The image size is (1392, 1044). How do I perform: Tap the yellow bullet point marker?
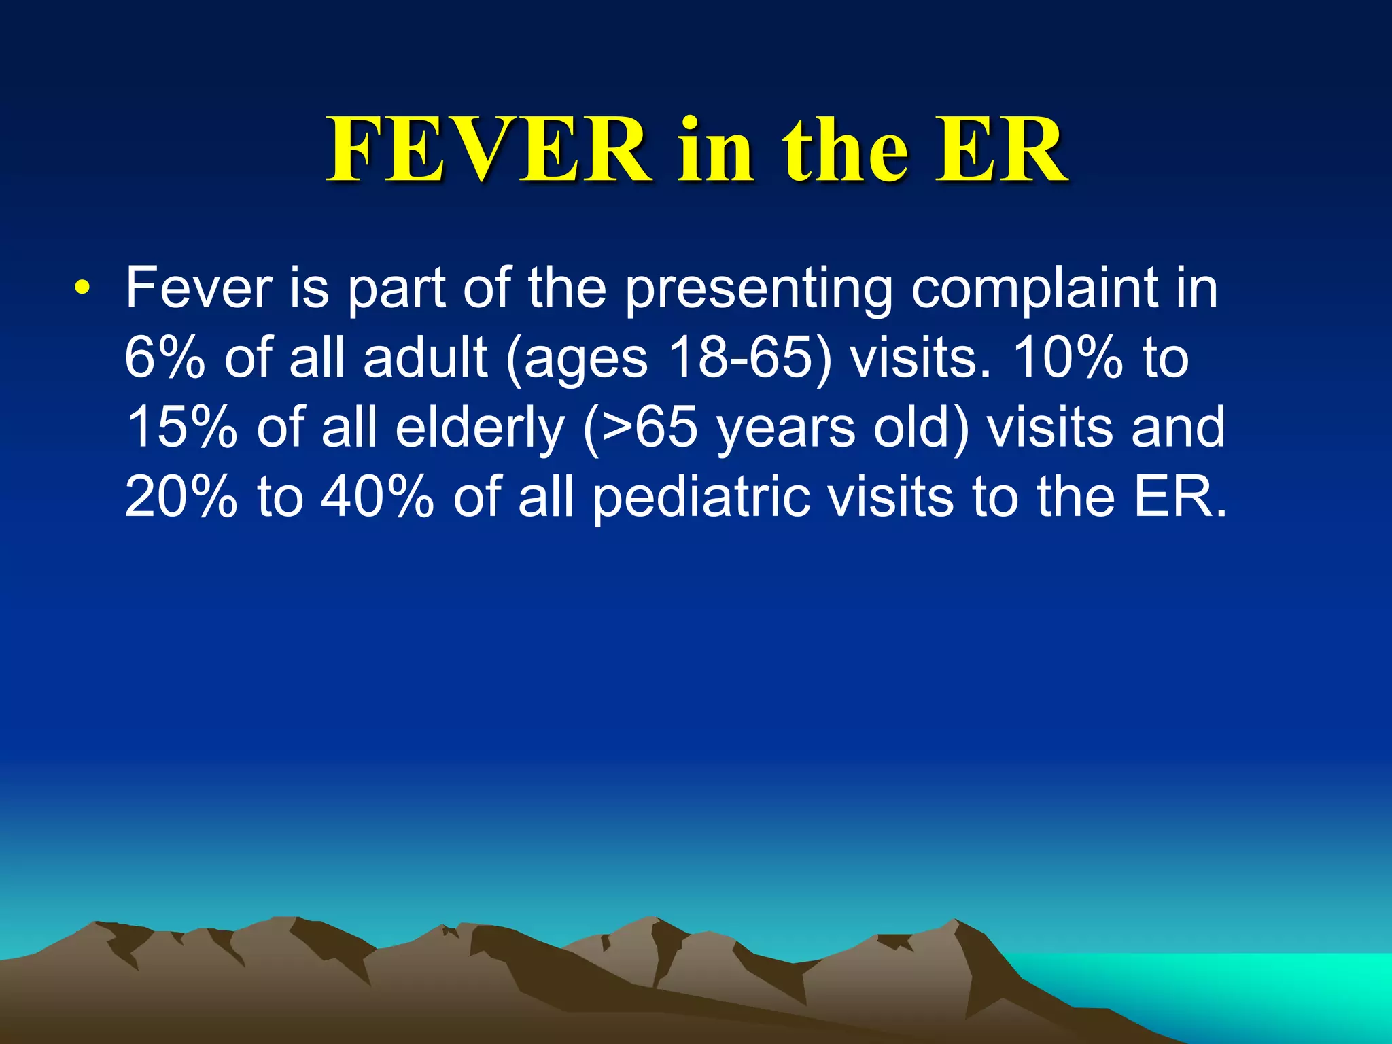pyautogui.click(x=82, y=288)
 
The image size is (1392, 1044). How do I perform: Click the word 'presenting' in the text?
pyautogui.click(x=759, y=290)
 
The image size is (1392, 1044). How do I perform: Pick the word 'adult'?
pyautogui.click(x=425, y=359)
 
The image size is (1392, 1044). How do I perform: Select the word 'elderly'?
pyautogui.click(x=479, y=428)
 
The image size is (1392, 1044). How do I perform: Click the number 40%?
pyautogui.click(x=377, y=498)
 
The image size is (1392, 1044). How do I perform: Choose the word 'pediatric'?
pyautogui.click(x=700, y=498)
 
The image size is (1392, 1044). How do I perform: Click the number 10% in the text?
pyautogui.click(x=1067, y=359)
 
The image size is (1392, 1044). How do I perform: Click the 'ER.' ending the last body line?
pyautogui.click(x=1179, y=498)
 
